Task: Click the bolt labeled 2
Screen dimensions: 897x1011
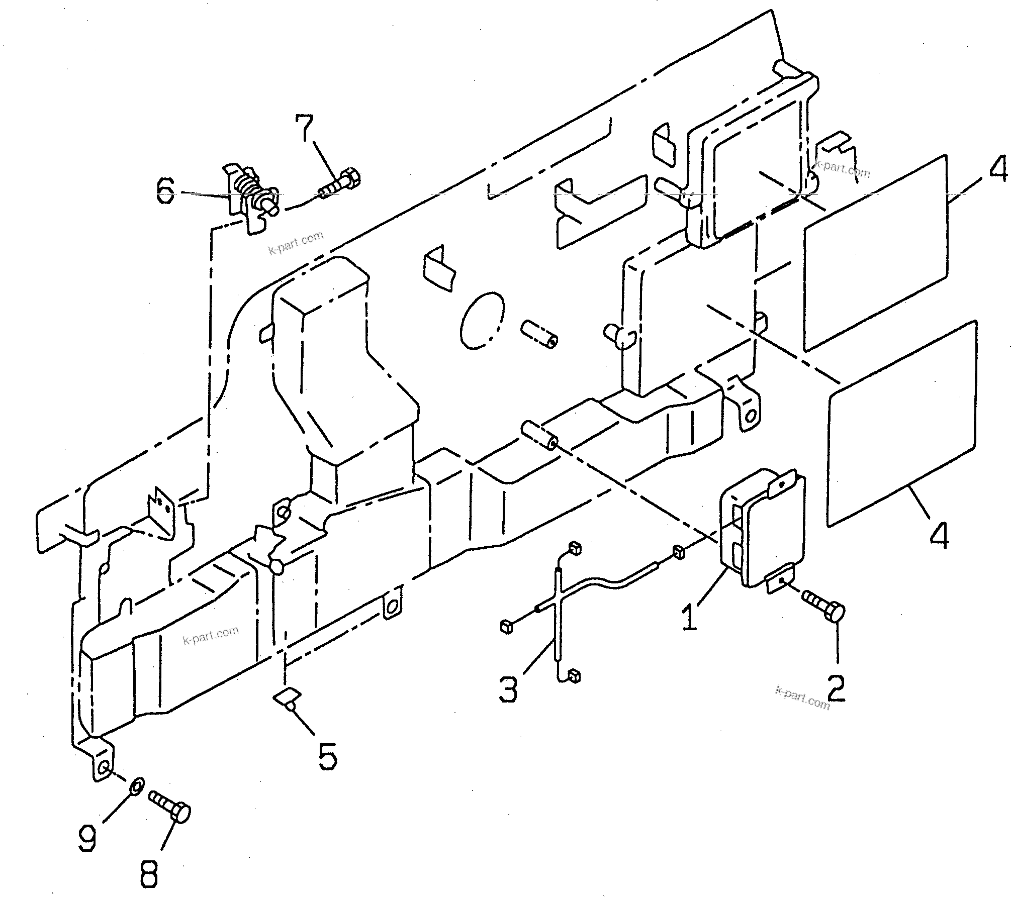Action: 824,611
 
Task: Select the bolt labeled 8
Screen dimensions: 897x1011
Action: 171,814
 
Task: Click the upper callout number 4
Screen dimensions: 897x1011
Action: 997,168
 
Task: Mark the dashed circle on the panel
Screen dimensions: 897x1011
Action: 482,320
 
